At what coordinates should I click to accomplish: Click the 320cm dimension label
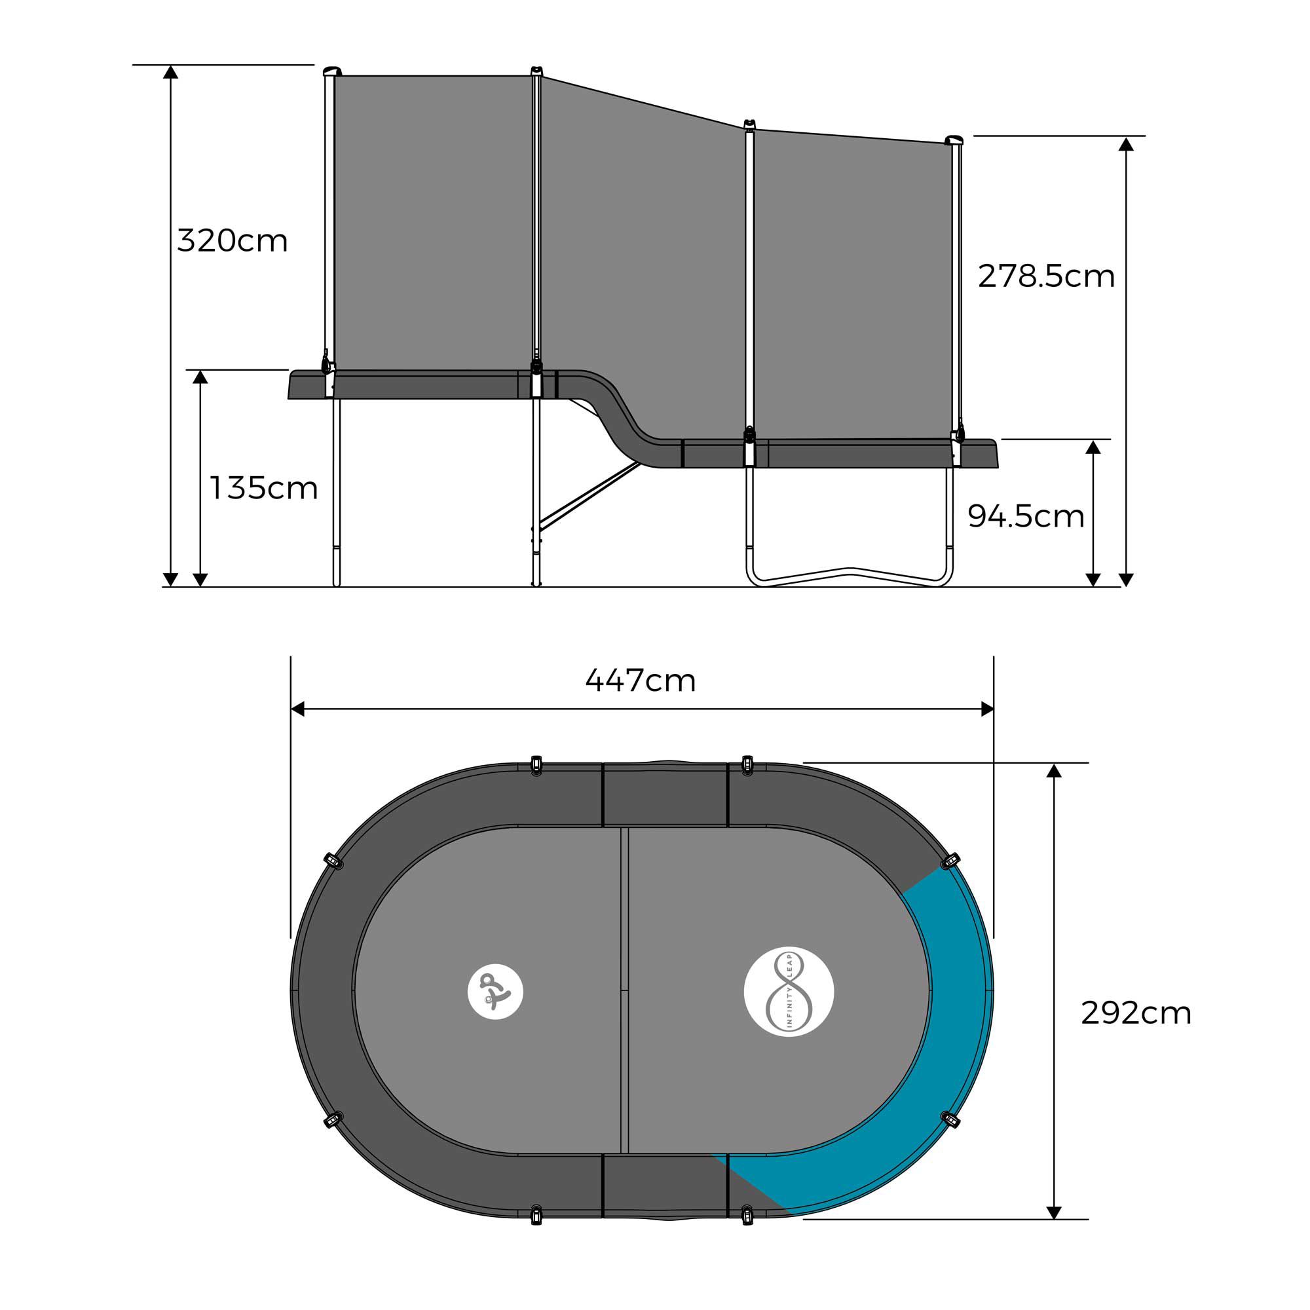[x=233, y=240]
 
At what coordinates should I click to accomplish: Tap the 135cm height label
[x=264, y=488]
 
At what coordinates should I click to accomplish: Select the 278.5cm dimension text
[x=1046, y=276]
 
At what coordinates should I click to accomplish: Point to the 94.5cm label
[x=1026, y=517]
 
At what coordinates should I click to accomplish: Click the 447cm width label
[x=641, y=681]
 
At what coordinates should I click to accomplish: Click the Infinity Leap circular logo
[x=789, y=991]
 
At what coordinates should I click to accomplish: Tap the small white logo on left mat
[x=495, y=991]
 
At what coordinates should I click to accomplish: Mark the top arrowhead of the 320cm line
[x=171, y=72]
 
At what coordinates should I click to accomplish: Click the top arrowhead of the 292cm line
[x=1053, y=771]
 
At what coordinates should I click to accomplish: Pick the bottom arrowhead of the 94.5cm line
[x=1093, y=580]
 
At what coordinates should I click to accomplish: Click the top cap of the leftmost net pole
[x=331, y=71]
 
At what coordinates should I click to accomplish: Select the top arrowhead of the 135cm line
[x=200, y=377]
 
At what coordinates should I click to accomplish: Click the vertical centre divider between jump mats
[x=624, y=990]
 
